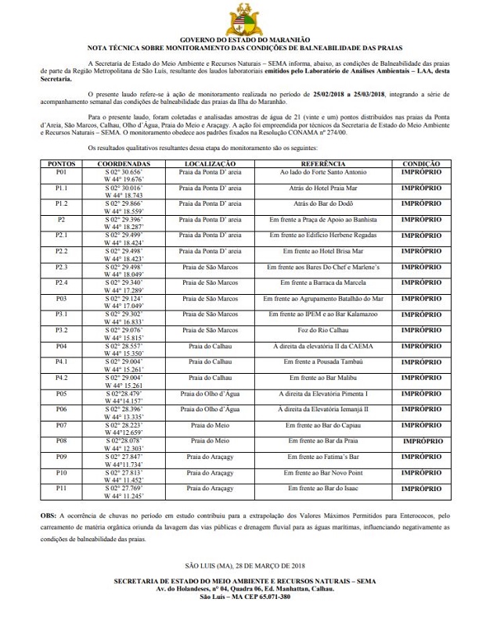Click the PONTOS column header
click(62, 164)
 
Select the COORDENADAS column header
click(129, 164)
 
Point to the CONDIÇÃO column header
click(421, 164)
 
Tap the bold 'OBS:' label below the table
click(49, 517)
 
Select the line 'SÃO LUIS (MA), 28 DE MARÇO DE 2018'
click(246, 565)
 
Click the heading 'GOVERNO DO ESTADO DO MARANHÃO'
click(245, 38)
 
